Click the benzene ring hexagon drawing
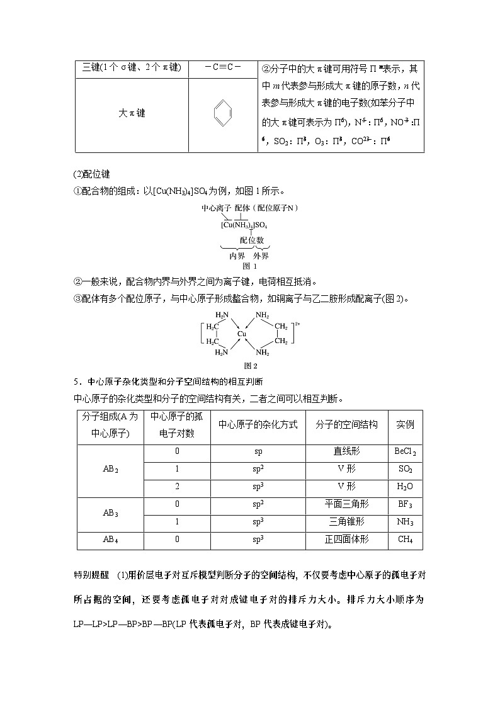[x=224, y=113]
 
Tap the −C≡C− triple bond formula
[x=223, y=67]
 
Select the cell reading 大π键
[x=132, y=113]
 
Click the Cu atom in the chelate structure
[x=242, y=333]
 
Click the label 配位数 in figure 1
[x=251, y=240]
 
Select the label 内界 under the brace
[x=237, y=256]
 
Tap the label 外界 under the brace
[x=261, y=256]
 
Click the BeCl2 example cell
[x=405, y=452]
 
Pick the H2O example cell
[x=405, y=487]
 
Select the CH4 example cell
[x=405, y=540]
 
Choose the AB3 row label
[x=111, y=513]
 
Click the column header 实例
[x=405, y=425]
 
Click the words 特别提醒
[x=91, y=575]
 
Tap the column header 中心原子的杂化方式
[x=258, y=425]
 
